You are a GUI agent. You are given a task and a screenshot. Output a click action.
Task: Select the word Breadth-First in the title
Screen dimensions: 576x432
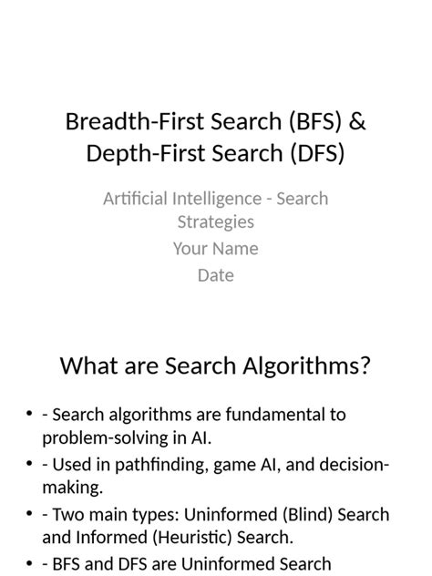(126, 121)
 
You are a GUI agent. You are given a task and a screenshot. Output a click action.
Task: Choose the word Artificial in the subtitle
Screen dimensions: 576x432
(136, 199)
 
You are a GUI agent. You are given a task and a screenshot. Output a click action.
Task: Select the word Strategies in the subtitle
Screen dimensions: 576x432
(216, 221)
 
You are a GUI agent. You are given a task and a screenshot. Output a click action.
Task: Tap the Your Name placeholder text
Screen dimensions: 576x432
(216, 248)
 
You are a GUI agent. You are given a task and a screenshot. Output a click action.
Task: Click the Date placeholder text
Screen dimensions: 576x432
(216, 274)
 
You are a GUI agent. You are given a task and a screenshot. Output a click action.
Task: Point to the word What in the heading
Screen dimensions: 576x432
(87, 366)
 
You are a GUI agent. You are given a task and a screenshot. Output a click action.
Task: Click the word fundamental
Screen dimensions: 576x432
(261, 415)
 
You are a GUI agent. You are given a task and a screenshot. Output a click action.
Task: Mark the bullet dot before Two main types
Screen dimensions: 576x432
(30, 516)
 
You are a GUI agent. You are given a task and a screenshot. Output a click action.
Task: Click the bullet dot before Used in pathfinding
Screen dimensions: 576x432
(30, 466)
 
